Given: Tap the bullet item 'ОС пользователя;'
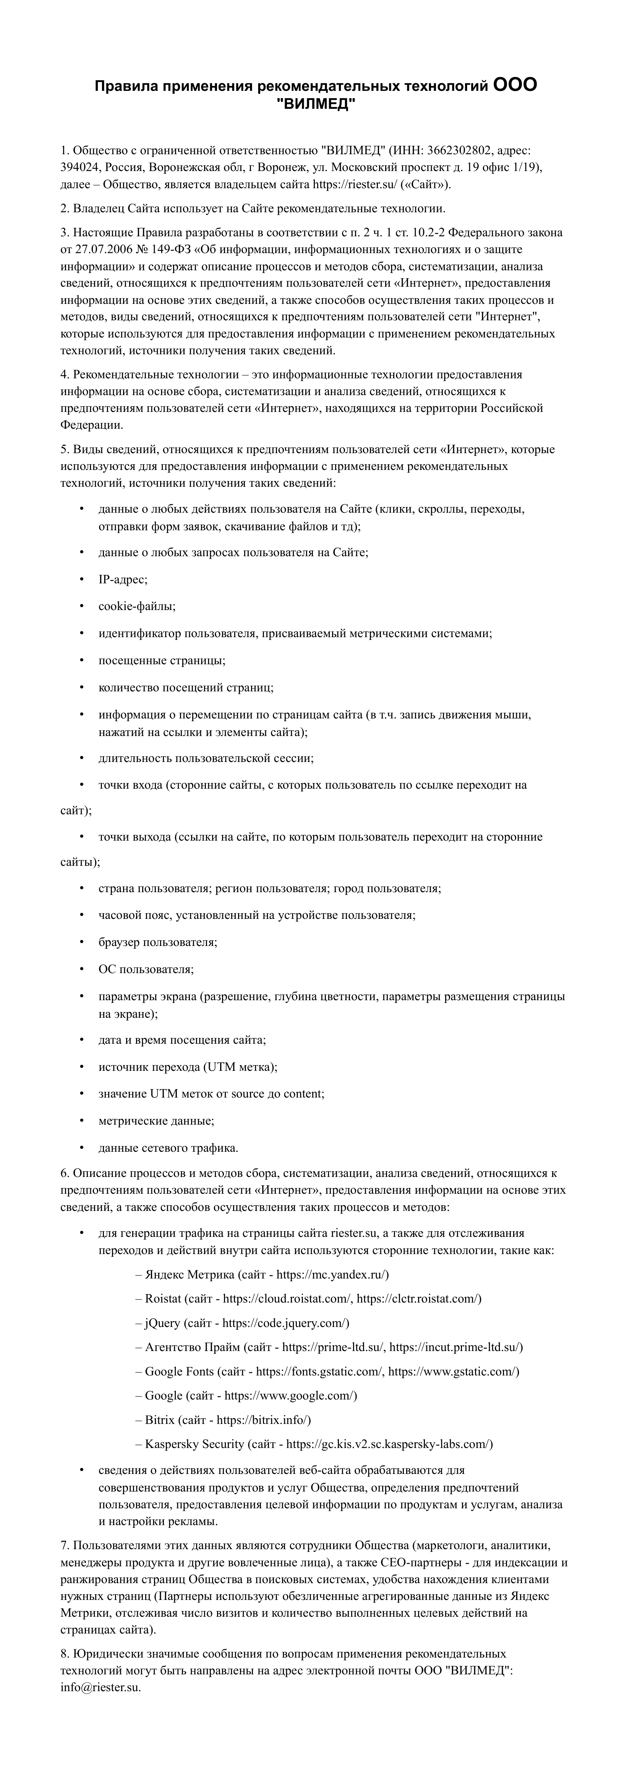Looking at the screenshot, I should pos(146,969).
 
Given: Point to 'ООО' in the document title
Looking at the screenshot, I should pos(515,86).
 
